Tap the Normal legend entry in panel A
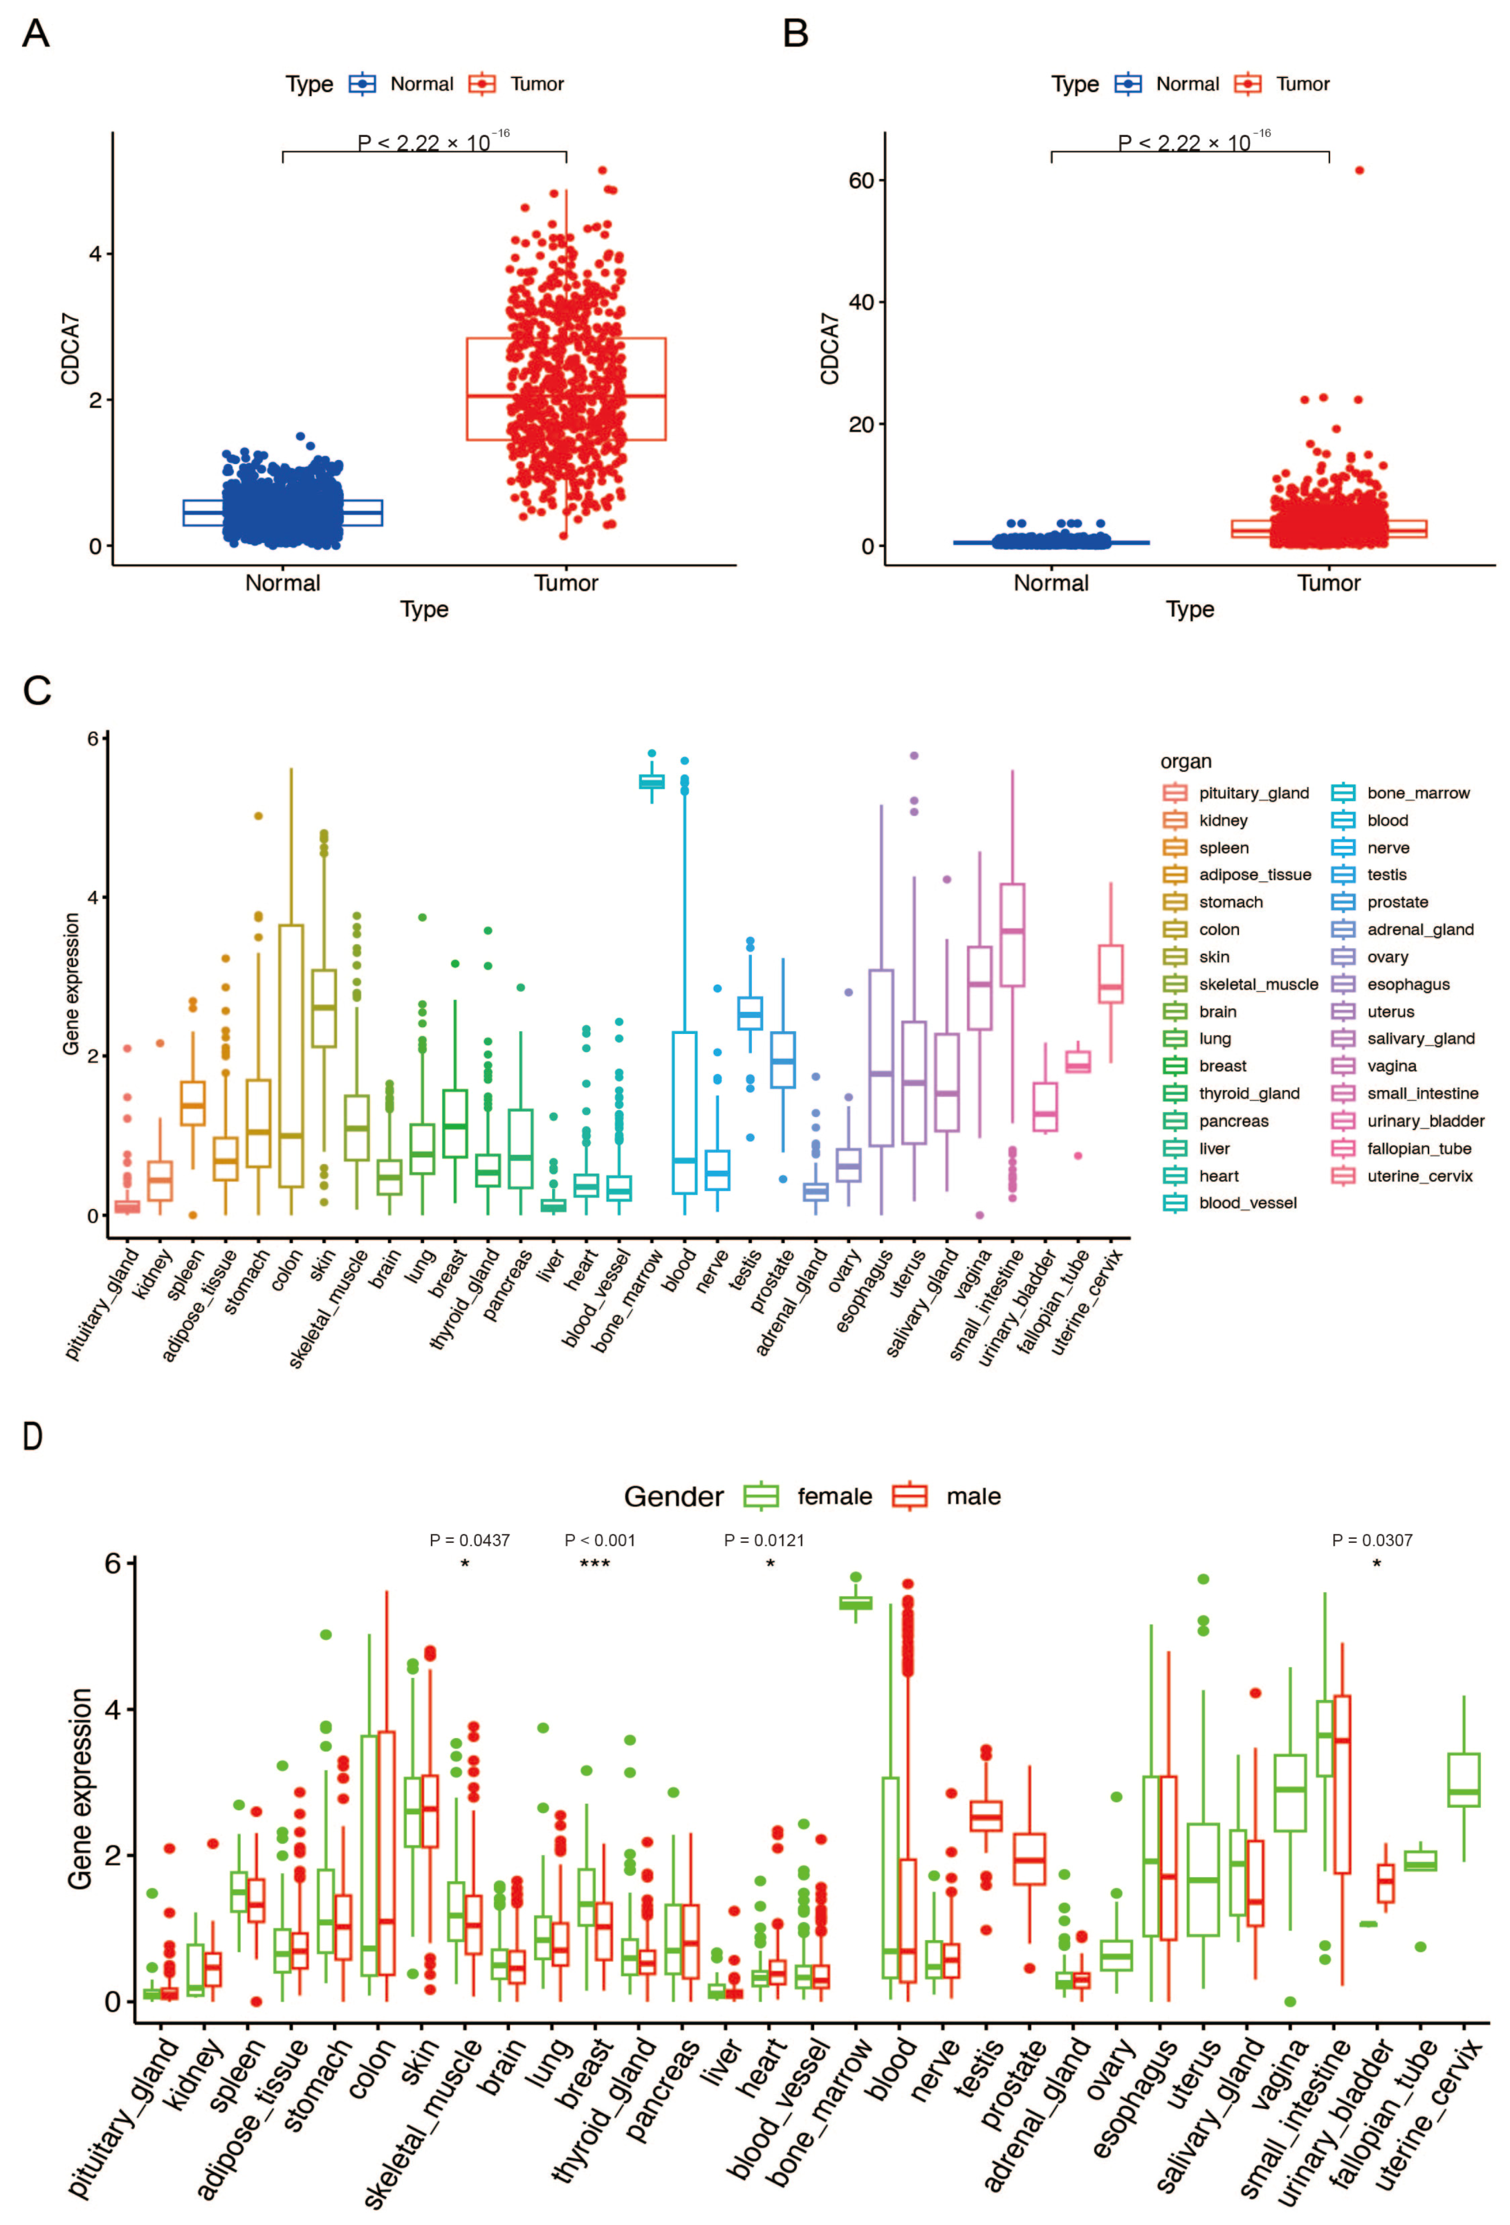(x=400, y=84)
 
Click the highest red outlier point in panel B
(x=1358, y=171)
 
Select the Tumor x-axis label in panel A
(x=565, y=582)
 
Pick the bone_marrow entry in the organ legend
(x=1417, y=793)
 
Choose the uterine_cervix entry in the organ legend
(x=1419, y=1176)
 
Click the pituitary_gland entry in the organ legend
(x=1252, y=793)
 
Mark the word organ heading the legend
(x=1186, y=761)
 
